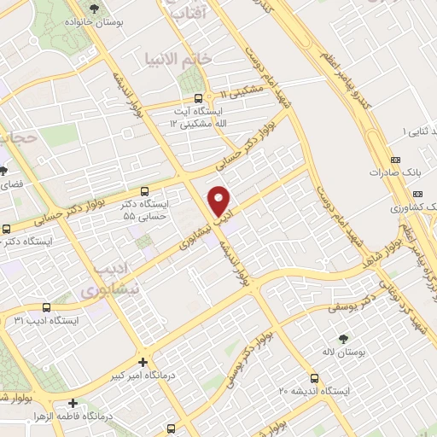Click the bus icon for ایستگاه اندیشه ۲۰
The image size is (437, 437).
[x=315, y=378]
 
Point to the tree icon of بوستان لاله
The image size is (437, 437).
[x=344, y=340]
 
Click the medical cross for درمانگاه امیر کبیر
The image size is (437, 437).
[x=143, y=362]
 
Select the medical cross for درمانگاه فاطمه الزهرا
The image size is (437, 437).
[x=73, y=403]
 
